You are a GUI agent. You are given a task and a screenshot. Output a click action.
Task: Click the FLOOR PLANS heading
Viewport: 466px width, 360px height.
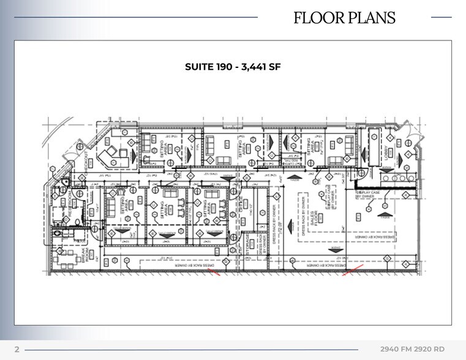click(344, 18)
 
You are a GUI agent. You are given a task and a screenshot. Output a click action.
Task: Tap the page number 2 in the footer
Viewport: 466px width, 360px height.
click(17, 349)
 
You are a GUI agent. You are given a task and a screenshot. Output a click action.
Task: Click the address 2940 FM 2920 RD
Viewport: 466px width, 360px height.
click(412, 349)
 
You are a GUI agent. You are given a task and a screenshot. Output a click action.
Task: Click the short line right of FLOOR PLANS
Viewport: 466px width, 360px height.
click(442, 17)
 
